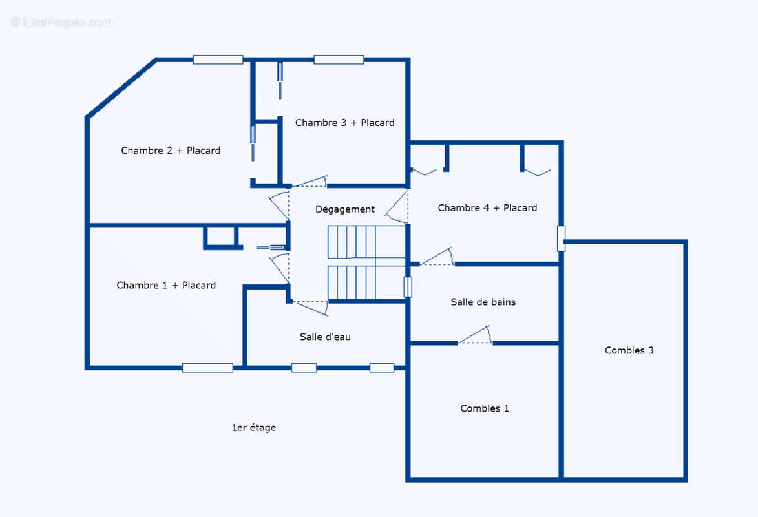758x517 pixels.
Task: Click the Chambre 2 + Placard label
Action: click(171, 151)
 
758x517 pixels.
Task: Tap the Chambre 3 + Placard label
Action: click(344, 123)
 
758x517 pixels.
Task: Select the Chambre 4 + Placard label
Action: click(487, 208)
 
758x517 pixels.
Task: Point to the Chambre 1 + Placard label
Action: click(166, 286)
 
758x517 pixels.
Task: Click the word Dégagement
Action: click(344, 209)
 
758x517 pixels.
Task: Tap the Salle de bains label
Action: click(483, 302)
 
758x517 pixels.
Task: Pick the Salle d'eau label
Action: click(325, 337)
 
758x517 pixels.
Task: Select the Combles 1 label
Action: click(485, 408)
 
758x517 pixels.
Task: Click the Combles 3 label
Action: click(629, 350)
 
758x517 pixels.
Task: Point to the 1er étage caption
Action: click(254, 428)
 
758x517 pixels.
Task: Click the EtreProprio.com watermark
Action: click(61, 22)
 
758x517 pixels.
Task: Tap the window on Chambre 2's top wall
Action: click(218, 59)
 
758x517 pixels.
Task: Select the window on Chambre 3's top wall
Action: click(339, 59)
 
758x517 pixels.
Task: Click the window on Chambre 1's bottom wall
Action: click(207, 368)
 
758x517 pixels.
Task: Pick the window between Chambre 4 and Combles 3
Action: click(562, 238)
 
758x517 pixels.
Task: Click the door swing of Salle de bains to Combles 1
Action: click(475, 335)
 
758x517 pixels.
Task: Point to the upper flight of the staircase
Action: click(366, 242)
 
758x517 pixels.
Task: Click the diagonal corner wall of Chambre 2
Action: click(121, 88)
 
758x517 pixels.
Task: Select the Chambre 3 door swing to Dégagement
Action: click(310, 182)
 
